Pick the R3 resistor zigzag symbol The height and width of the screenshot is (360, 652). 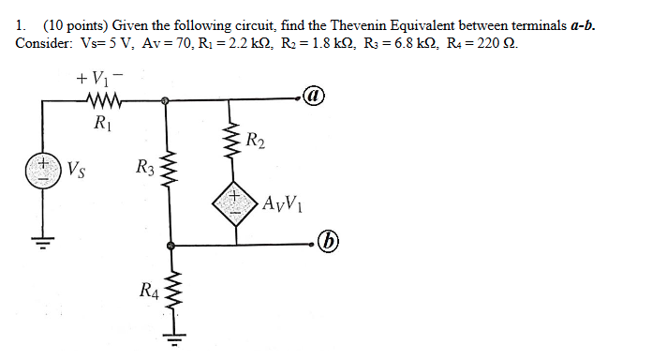[x=169, y=172]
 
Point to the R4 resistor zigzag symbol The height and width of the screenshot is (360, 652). [x=170, y=293]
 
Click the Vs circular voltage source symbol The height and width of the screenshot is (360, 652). [x=41, y=172]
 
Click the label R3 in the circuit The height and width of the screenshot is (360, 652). [x=144, y=169]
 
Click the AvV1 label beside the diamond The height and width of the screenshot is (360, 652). [x=283, y=203]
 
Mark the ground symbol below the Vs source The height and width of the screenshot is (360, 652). [x=41, y=246]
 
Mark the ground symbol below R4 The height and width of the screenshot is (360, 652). [x=171, y=336]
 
